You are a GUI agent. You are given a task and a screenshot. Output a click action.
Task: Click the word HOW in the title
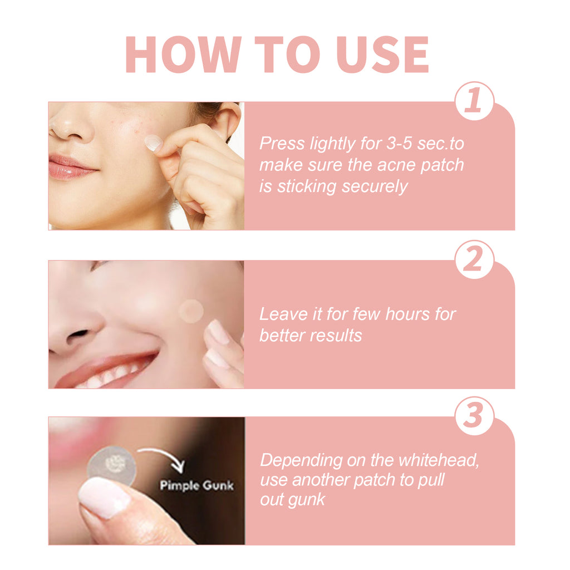click(x=181, y=54)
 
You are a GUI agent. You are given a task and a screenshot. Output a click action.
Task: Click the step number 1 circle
click(x=474, y=101)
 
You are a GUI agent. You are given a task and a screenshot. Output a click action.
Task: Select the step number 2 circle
click(x=474, y=260)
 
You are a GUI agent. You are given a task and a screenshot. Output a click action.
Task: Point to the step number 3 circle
click(x=474, y=416)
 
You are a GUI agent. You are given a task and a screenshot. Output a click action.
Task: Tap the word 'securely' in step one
click(x=375, y=186)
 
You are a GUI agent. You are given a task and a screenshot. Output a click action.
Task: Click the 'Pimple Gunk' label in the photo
click(x=196, y=485)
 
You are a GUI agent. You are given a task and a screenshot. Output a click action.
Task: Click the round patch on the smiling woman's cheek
click(x=191, y=311)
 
